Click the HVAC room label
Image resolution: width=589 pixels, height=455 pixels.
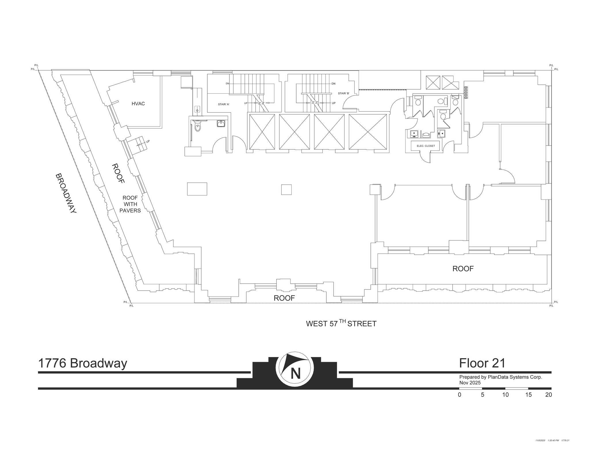click(138, 104)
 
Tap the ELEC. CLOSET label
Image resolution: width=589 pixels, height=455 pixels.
click(426, 146)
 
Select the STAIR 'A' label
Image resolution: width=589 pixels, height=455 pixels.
click(223, 104)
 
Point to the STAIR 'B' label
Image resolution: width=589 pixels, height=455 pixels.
click(343, 93)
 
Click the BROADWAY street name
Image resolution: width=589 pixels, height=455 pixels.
click(66, 193)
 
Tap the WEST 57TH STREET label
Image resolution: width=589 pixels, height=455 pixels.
click(341, 323)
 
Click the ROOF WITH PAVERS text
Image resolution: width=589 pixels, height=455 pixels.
click(130, 204)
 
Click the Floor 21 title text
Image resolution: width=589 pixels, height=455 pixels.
click(482, 363)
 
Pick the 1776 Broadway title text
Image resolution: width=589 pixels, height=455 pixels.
click(83, 363)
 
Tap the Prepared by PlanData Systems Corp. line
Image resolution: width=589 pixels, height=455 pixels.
click(500, 377)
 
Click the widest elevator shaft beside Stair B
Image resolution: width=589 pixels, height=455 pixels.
click(368, 132)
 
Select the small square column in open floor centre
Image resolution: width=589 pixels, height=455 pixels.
click(286, 190)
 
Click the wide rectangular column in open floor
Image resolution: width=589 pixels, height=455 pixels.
click(197, 189)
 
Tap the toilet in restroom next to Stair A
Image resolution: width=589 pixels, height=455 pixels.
click(197, 126)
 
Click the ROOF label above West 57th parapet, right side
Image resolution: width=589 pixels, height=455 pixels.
click(463, 269)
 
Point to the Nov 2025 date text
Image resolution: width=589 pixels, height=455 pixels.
click(470, 383)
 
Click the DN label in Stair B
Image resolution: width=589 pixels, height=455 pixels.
click(333, 84)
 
